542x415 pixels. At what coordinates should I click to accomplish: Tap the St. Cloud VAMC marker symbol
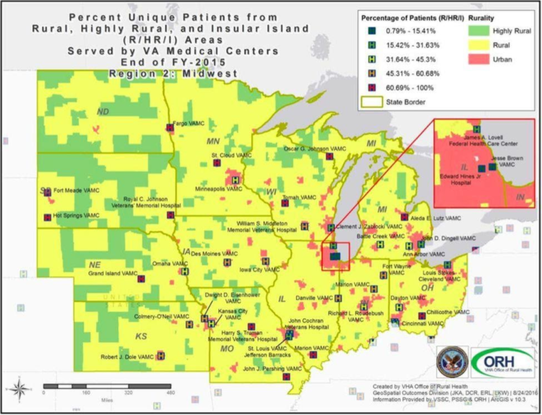point(216,163)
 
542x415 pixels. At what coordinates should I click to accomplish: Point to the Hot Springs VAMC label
point(76,216)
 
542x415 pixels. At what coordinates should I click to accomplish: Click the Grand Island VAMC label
point(112,274)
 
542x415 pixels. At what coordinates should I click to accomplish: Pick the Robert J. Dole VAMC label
point(127,357)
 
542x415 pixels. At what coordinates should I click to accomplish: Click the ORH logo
point(503,363)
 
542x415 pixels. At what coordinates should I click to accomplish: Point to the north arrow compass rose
point(20,390)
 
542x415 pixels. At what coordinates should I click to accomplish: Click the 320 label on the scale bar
point(128,393)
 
